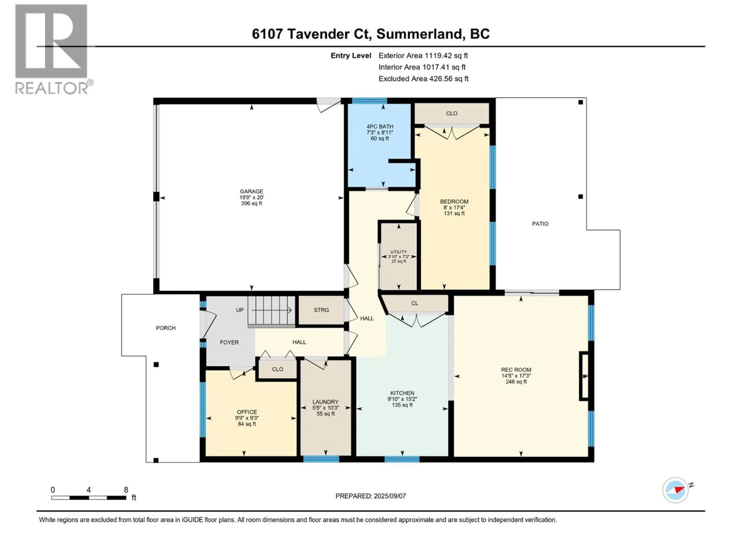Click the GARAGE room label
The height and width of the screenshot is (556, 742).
pos(251,191)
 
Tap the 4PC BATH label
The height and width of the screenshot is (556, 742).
pos(380,127)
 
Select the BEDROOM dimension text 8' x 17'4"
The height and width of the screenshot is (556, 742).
pos(454,208)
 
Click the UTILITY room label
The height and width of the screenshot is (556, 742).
pos(398,252)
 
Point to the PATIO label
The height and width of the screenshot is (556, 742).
pos(540,224)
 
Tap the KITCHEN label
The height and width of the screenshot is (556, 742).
pos(402,393)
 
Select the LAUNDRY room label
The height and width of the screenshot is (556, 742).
pos(325,402)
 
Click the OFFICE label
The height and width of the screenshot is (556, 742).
pos(247,412)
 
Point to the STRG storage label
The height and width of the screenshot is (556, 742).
pos(321,310)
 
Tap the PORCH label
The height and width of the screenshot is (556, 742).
pos(166,328)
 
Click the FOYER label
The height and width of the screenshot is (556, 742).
pos(229,342)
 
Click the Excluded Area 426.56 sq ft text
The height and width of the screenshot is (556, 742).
pos(423,79)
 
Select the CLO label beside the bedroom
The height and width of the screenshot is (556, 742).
pos(452,113)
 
